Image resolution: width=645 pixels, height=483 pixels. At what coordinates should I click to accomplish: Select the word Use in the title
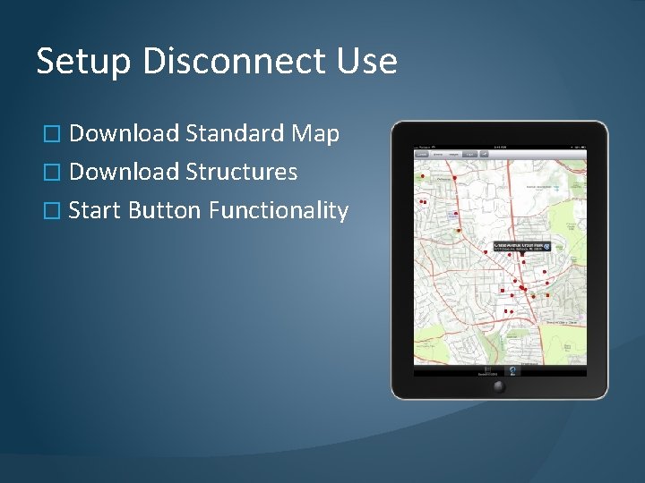(x=367, y=61)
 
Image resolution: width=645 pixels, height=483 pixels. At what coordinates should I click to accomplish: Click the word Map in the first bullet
(x=315, y=135)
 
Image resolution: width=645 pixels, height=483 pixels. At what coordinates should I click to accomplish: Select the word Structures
(x=242, y=172)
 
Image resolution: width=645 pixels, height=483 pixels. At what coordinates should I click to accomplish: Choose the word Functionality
(x=279, y=211)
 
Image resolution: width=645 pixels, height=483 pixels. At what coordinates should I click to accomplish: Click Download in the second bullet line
(x=124, y=172)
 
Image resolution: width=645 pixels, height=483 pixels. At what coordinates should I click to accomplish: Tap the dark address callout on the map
(x=520, y=246)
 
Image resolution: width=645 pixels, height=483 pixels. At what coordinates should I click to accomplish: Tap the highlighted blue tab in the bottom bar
(x=512, y=370)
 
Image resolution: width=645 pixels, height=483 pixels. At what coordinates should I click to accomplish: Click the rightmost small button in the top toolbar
(x=484, y=155)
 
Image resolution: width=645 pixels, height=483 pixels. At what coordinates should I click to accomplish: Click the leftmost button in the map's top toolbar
(x=421, y=155)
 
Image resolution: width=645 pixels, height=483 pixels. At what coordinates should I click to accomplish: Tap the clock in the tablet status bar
(x=499, y=146)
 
